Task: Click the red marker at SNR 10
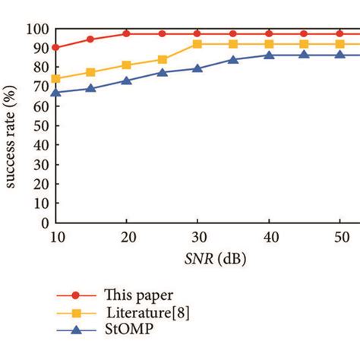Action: (x=55, y=47)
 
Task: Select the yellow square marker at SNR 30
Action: (x=197, y=44)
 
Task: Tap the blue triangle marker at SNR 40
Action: (x=269, y=55)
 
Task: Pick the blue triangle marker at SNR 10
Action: (x=55, y=92)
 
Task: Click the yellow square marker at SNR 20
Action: (x=126, y=65)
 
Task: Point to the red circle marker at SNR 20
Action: (x=126, y=33)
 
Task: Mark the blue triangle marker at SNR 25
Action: (x=162, y=72)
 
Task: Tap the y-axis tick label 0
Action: (x=43, y=223)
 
